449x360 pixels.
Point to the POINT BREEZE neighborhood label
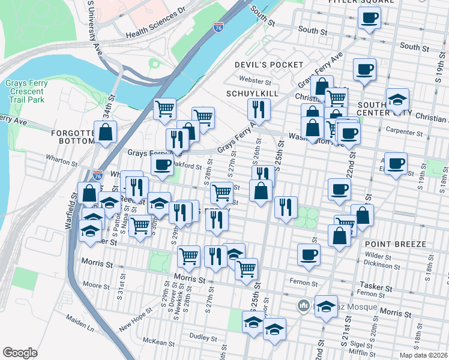click(394, 244)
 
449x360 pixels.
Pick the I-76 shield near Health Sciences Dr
click(218, 28)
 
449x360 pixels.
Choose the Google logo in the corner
click(20, 353)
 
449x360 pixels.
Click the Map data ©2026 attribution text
click(423, 355)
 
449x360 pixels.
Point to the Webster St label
click(255, 80)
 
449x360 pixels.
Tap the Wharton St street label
click(62, 158)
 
